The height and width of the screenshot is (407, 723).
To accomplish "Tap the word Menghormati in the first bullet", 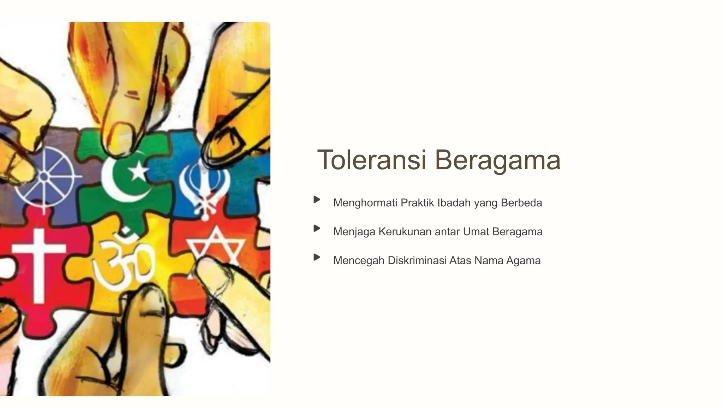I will pos(365,203).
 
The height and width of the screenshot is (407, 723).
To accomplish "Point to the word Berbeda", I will pos(521,203).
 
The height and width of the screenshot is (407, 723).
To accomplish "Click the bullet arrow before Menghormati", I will pos(317,200).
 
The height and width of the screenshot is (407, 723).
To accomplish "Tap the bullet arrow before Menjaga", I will pos(317,229).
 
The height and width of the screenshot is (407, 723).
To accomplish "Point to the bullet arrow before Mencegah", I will pos(317,257).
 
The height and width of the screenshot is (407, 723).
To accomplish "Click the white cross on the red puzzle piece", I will pos(39,261).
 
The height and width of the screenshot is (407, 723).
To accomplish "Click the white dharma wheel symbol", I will pos(44,177).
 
